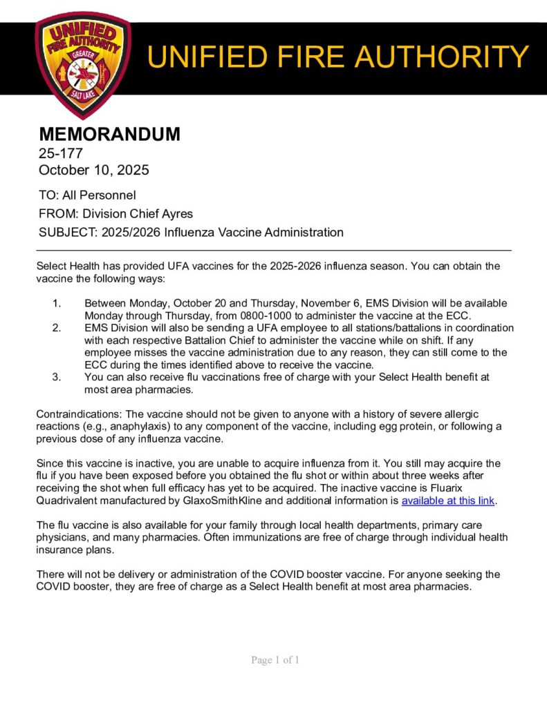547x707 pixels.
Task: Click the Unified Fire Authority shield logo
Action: [82, 66]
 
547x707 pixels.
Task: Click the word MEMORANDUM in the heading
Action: [109, 134]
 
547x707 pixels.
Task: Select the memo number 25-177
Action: [61, 153]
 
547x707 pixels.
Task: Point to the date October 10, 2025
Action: [93, 170]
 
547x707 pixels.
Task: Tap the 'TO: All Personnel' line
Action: [87, 195]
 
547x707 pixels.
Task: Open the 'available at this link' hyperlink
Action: [448, 501]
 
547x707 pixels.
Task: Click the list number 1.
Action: [56, 304]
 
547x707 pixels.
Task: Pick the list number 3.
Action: [56, 377]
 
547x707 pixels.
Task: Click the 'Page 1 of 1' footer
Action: [275, 660]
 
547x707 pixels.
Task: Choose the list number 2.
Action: [56, 328]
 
